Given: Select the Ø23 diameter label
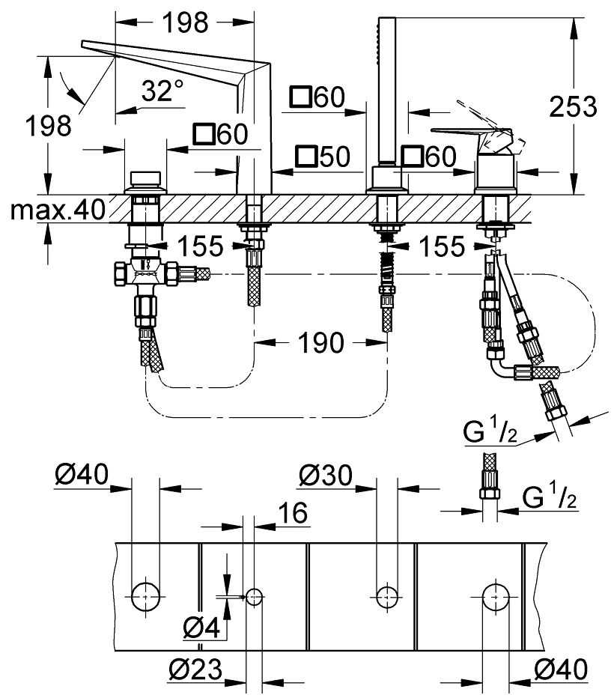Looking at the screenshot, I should tap(197, 669).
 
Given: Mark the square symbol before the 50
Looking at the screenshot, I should tap(305, 157).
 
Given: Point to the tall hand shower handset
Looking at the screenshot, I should tap(386, 90).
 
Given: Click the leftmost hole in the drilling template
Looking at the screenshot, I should tap(145, 596).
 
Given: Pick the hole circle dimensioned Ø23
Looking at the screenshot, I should tap(254, 596).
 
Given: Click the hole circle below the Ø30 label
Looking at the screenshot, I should tap(386, 596).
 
